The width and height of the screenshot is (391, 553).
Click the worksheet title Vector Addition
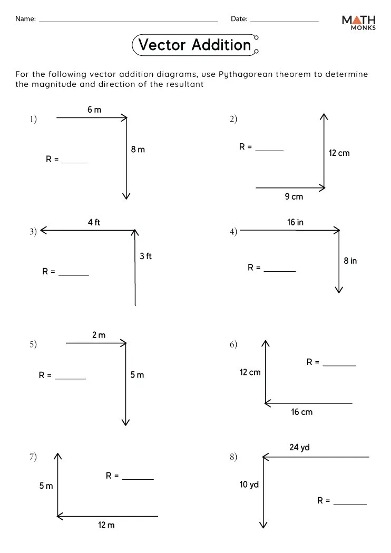pos(194,45)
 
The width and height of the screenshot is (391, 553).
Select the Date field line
pos(284,21)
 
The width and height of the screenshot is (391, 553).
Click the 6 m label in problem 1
pos(94,110)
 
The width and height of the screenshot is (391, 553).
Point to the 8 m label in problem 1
pos(138,150)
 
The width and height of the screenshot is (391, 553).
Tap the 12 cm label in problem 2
pos(339,153)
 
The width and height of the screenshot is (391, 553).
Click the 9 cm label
pos(294,197)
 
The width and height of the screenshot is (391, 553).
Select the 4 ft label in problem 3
pos(94,222)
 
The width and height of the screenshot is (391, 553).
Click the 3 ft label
pos(146,256)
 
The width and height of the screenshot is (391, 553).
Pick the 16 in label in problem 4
pos(295,222)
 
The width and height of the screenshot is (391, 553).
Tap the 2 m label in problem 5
pos(99,335)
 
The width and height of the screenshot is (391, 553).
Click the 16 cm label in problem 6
pos(302,412)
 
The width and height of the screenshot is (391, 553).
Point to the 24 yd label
pos(299,448)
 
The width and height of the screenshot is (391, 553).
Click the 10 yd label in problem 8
pos(249,485)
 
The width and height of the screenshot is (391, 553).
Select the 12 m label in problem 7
pos(106,525)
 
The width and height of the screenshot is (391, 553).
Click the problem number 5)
pos(33,344)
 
